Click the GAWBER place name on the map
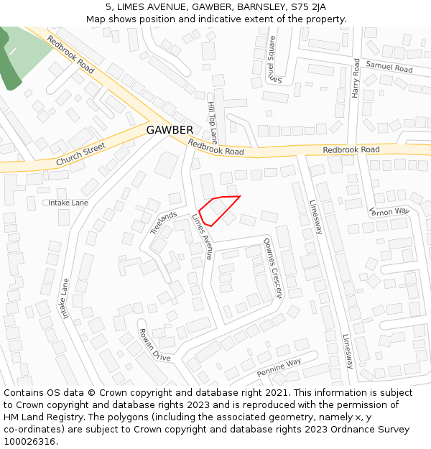[x=170, y=130]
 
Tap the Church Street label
[x=80, y=154]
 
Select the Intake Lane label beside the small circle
[x=68, y=203]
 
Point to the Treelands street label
[x=164, y=223]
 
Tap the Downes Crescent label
[x=272, y=267]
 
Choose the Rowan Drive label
[x=154, y=344]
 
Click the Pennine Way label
[x=279, y=367]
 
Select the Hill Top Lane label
[x=212, y=123]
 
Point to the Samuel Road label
[x=389, y=67]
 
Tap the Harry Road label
[x=356, y=78]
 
